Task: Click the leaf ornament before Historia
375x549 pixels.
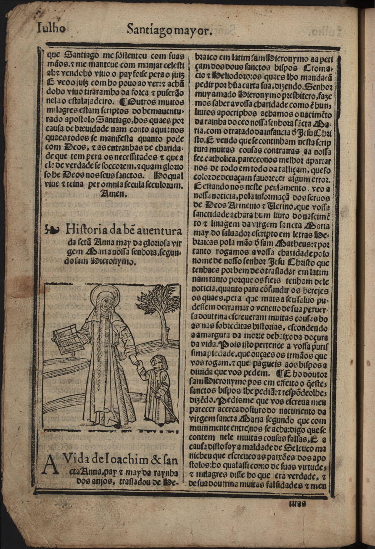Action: (x=51, y=230)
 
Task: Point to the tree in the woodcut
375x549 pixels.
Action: (x=159, y=307)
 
